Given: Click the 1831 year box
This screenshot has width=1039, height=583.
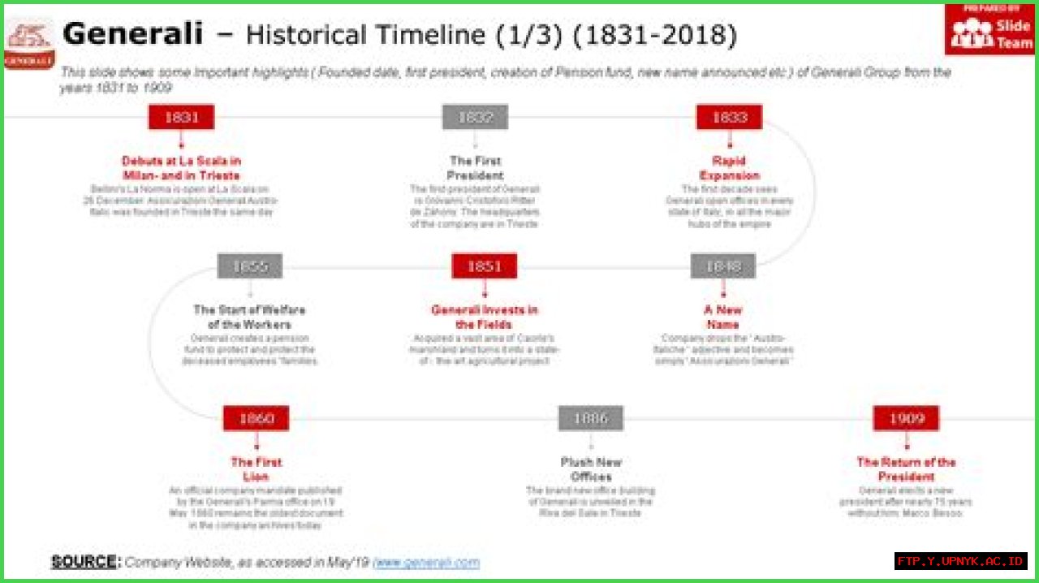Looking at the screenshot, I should coord(181,117).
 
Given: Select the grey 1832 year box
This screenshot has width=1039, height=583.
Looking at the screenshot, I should coord(475,117).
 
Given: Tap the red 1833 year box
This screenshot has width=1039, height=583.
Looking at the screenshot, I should coord(729,117).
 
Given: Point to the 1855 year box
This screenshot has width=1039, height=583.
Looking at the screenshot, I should coord(250,266).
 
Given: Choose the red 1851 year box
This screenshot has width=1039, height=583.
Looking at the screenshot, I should coord(485,266).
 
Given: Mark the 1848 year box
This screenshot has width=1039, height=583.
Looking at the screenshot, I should coord(723,266).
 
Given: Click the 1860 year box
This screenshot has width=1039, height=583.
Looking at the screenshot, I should coord(257,419).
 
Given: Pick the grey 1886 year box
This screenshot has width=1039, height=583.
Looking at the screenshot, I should coord(591,419).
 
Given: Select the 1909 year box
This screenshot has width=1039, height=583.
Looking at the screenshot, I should coord(906,419).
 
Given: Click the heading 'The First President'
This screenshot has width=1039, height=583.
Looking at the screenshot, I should coord(476,168).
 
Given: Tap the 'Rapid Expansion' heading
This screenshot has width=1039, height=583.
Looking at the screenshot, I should coord(729,168).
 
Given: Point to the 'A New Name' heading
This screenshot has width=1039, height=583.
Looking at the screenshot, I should coord(722,317).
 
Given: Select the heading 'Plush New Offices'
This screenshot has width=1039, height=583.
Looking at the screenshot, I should coord(591,469).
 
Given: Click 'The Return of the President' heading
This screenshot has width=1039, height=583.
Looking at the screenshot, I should coord(906,469).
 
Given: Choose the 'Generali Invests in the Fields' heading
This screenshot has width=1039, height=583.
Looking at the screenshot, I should coord(484,317).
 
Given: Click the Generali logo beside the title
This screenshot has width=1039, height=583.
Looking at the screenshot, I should coord(29,45).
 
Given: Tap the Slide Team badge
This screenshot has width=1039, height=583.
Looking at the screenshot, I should coord(989,29).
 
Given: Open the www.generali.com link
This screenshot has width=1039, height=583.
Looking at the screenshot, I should coord(426,562).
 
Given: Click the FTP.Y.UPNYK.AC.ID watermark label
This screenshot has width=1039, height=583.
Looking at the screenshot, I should coord(961,561).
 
